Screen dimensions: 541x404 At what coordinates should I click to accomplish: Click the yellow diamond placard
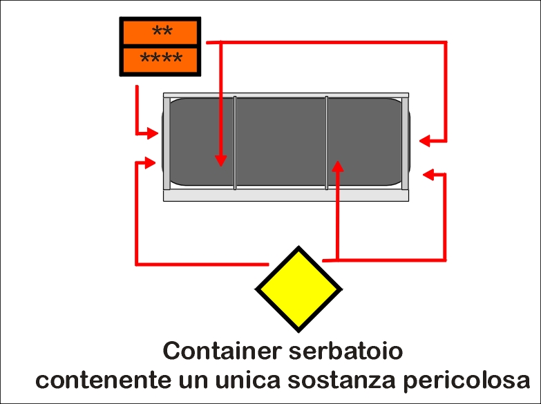(x=298, y=289)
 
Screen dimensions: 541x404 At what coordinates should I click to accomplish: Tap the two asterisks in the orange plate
(x=162, y=31)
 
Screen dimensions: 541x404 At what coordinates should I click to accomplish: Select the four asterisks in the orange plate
(x=161, y=58)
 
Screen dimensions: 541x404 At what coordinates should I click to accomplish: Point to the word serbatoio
(x=345, y=352)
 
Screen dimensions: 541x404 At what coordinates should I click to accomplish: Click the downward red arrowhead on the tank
(x=221, y=160)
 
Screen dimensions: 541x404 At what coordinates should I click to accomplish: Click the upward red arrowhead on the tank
(x=338, y=166)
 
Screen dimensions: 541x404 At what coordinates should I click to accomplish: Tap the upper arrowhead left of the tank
(x=153, y=133)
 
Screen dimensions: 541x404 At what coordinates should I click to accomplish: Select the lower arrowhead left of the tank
(x=151, y=162)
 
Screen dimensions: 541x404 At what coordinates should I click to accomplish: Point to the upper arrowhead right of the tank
(x=425, y=141)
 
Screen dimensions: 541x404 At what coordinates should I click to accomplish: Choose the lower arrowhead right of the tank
(x=428, y=175)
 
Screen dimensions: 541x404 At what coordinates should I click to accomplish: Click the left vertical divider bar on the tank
(x=235, y=143)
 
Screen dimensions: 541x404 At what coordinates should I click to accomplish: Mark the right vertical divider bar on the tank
(x=327, y=143)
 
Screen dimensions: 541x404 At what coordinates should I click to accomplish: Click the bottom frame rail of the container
(x=286, y=195)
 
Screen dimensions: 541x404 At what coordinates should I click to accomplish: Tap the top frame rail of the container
(x=286, y=95)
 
